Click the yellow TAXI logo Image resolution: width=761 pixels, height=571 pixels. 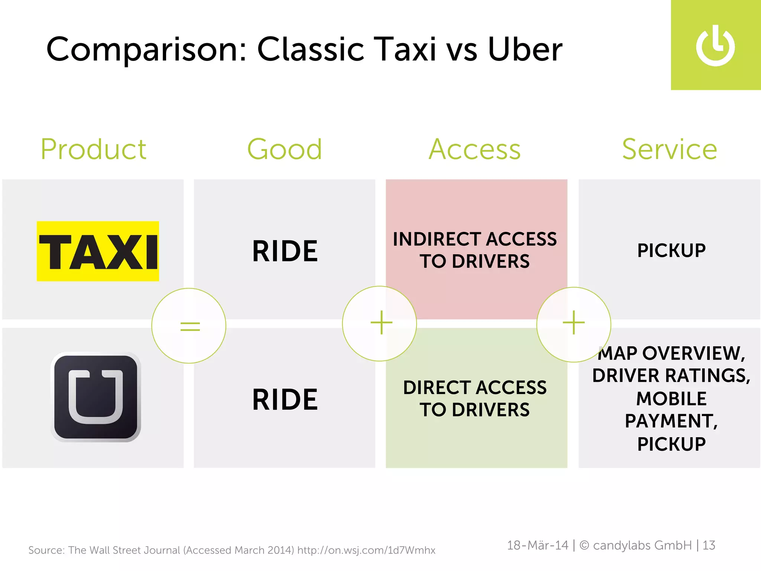(x=98, y=251)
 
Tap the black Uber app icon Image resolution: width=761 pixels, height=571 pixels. (x=96, y=397)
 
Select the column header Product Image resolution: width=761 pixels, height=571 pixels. (x=94, y=149)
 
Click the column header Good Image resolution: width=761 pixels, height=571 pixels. (x=285, y=149)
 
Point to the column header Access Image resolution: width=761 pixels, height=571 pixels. (x=475, y=149)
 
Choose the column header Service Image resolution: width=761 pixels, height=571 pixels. (x=670, y=149)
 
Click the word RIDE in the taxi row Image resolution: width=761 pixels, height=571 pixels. (x=285, y=251)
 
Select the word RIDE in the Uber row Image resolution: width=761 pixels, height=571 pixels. (x=285, y=400)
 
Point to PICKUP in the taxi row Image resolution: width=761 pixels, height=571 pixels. (x=671, y=251)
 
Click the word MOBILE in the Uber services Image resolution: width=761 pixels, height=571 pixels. (x=671, y=399)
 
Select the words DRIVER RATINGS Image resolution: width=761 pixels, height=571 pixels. (x=671, y=375)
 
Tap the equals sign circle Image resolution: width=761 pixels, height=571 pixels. (x=189, y=326)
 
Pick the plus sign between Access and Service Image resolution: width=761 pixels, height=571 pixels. (x=574, y=323)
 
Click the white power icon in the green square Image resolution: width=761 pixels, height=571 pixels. (x=715, y=46)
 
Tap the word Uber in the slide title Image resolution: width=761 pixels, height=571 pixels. (x=525, y=50)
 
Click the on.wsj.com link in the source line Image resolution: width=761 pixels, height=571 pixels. (x=366, y=550)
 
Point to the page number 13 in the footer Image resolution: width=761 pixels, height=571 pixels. (x=709, y=545)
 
